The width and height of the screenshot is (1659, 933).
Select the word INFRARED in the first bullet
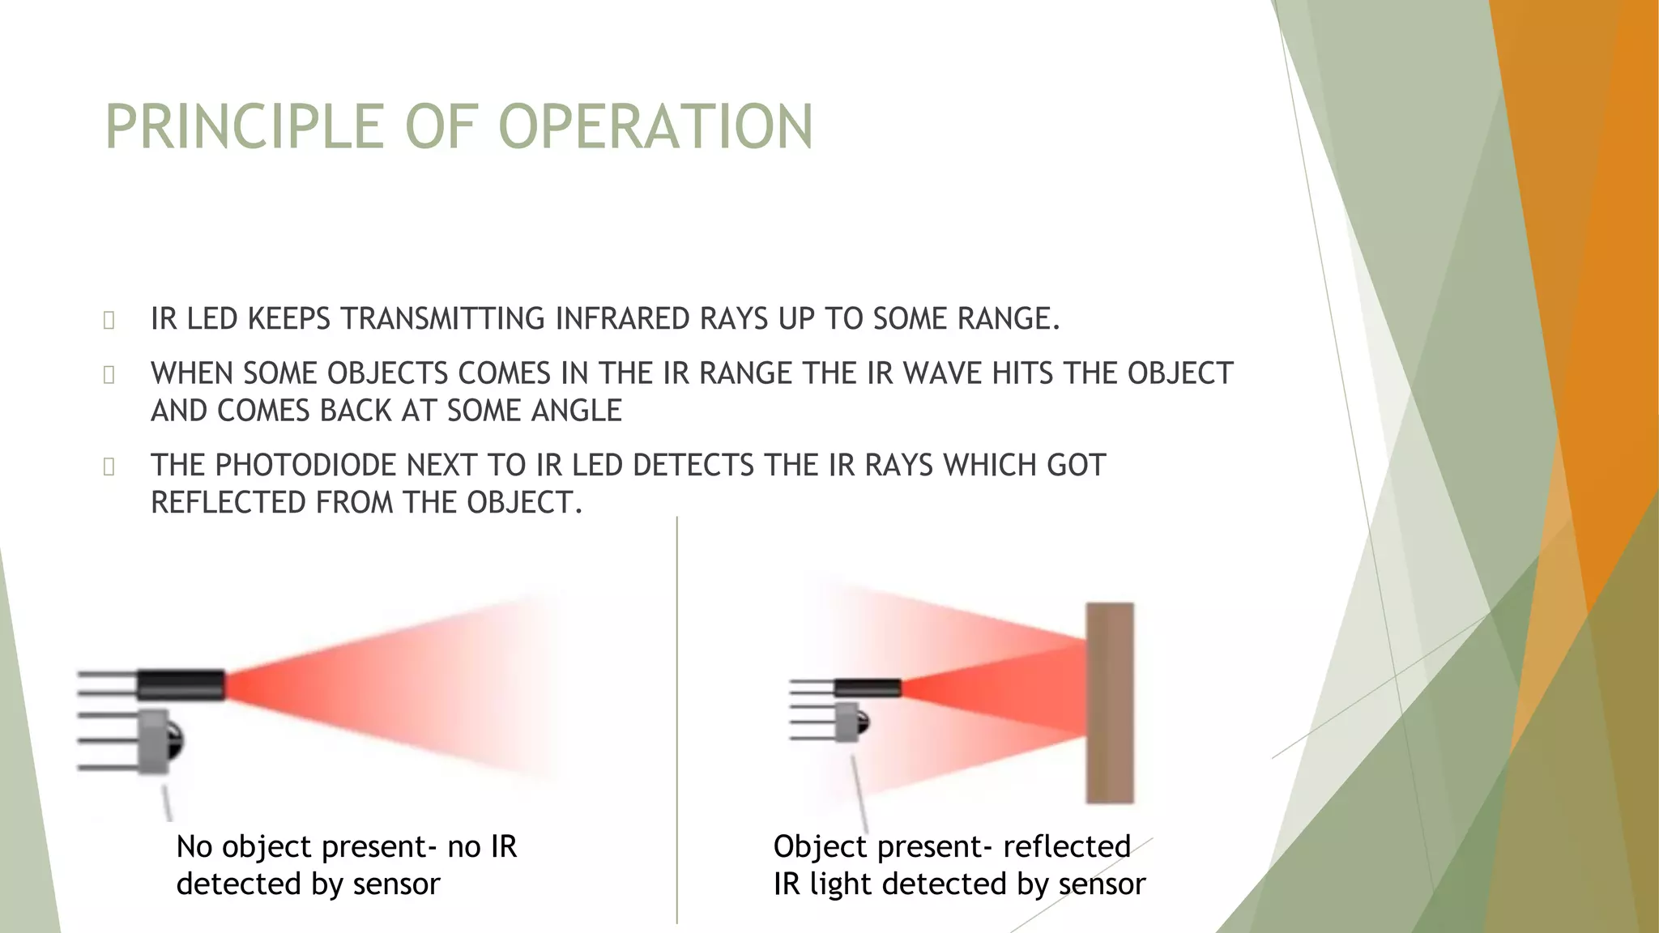pyautogui.click(x=623, y=319)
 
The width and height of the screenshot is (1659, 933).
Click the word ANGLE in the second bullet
pyautogui.click(x=576, y=411)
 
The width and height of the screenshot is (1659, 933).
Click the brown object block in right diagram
pyautogui.click(x=1109, y=702)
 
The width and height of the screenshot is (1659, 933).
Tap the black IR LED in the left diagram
pyautogui.click(x=180, y=685)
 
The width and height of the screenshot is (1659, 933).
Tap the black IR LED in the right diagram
pyautogui.click(x=868, y=688)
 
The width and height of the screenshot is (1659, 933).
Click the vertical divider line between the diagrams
pyautogui.click(x=677, y=721)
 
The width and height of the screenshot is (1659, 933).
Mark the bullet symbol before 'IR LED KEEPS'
pyautogui.click(x=109, y=321)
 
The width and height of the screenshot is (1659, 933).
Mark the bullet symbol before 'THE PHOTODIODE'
pyautogui.click(x=109, y=466)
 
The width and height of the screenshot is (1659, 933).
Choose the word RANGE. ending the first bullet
pyautogui.click(x=1009, y=319)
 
